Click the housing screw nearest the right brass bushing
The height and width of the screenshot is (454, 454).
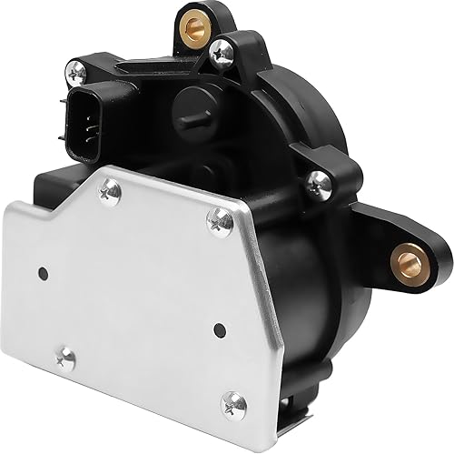point(317,183)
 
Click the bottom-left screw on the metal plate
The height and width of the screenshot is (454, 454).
point(65,359)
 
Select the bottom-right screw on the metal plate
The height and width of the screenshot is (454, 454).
point(234,400)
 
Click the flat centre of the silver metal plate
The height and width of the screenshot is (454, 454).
point(136,291)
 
